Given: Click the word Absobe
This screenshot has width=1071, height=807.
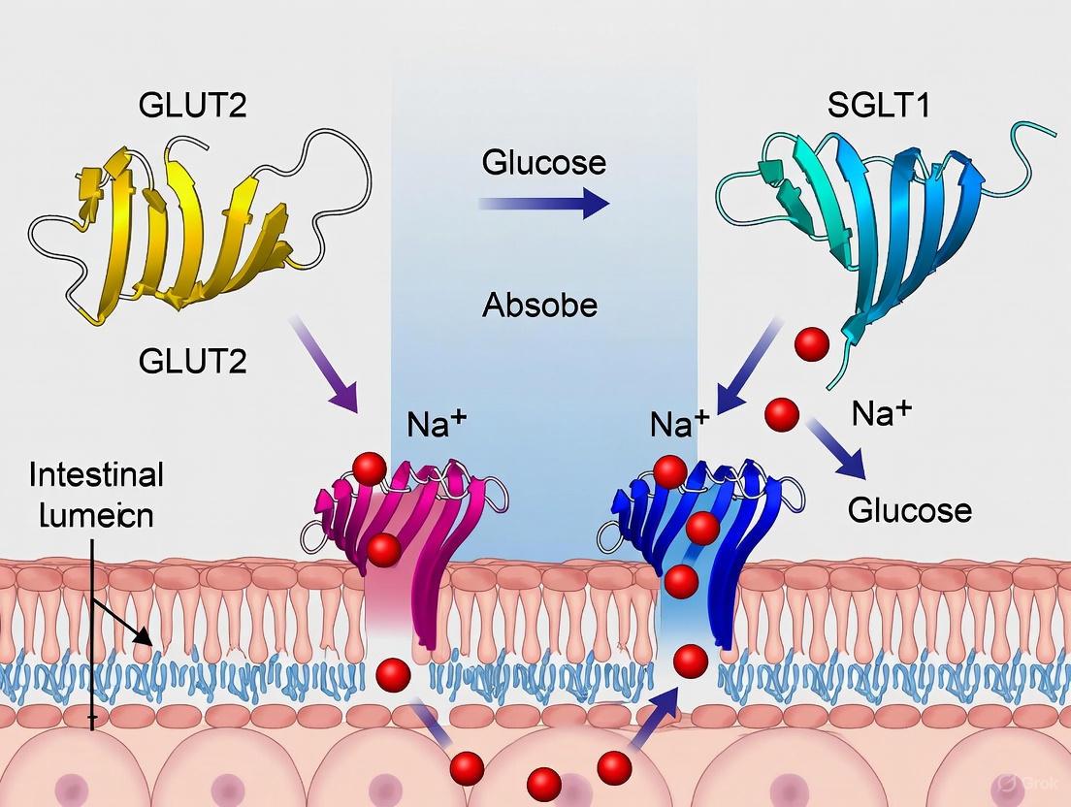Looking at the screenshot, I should coord(539,307).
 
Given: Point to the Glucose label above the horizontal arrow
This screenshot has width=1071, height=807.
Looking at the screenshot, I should coord(543,161).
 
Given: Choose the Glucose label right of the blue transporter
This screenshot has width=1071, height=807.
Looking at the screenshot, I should coord(909,509).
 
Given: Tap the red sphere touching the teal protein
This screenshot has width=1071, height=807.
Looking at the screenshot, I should coord(811,342).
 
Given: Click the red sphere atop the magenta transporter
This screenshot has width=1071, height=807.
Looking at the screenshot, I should coord(369,469).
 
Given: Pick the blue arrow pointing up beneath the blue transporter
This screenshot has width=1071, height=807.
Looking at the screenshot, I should coord(654,718).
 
